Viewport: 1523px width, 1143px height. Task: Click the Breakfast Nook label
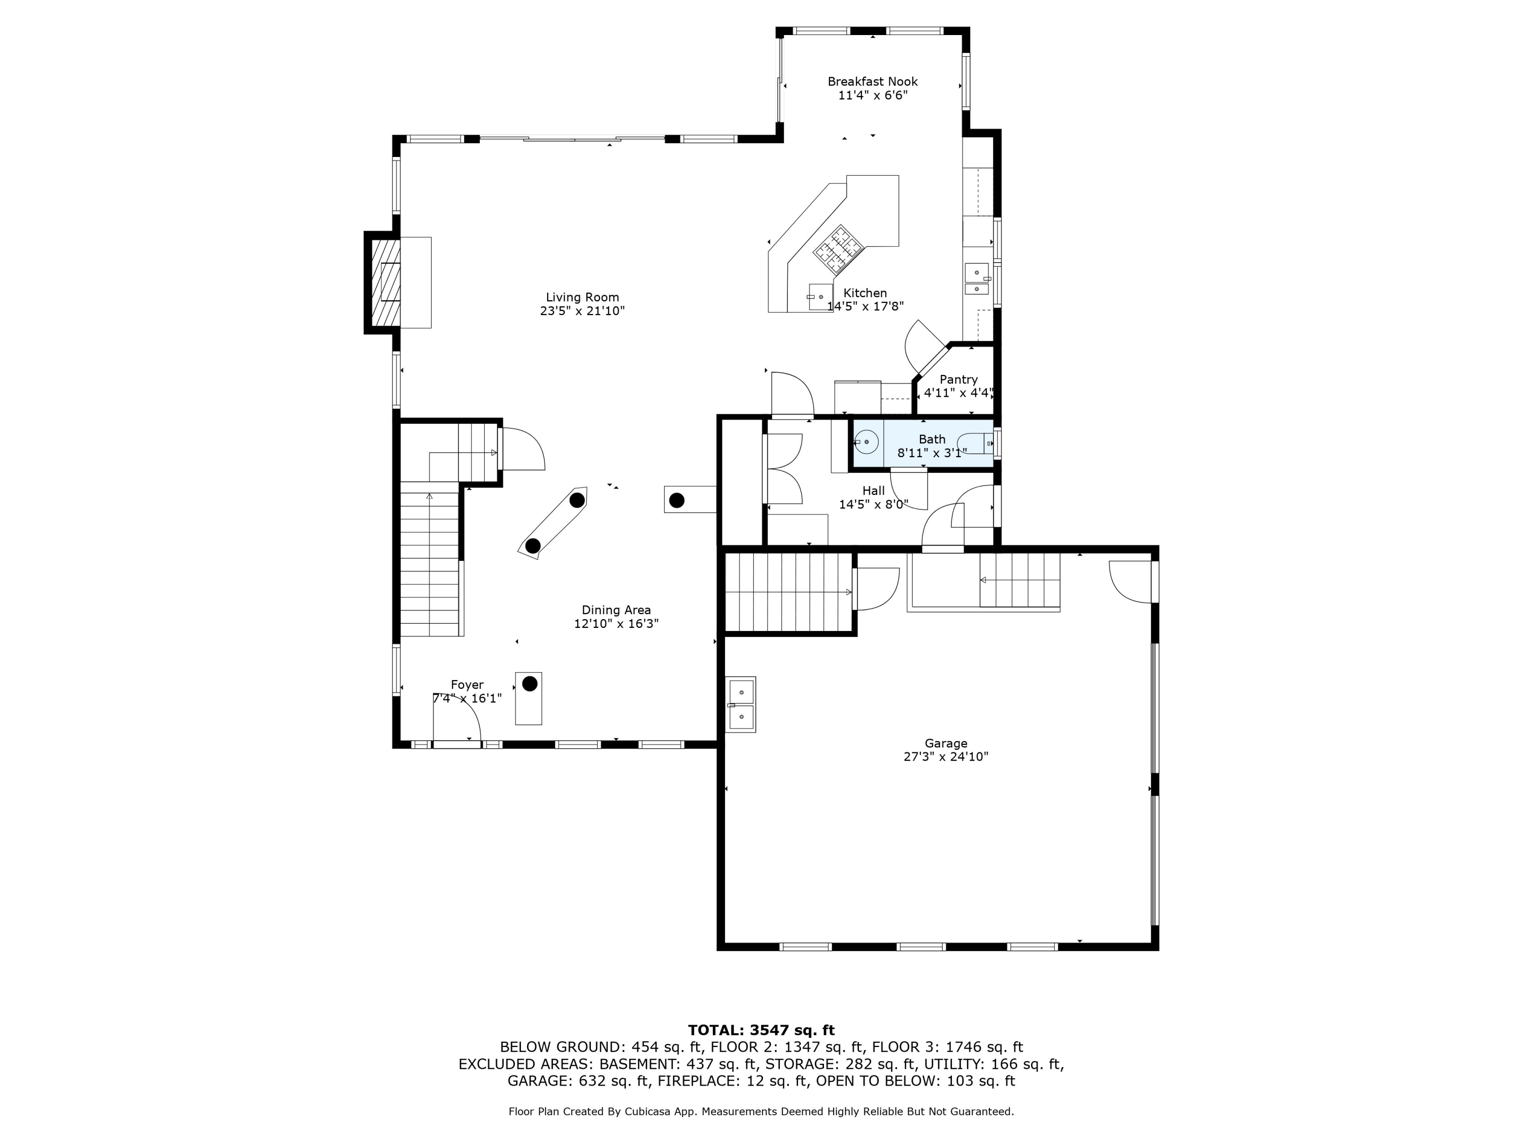pyautogui.click(x=872, y=81)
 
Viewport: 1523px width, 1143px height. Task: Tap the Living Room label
pyautogui.click(x=582, y=298)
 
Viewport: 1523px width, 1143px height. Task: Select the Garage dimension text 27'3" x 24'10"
pyautogui.click(x=946, y=756)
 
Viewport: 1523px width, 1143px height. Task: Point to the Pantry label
pyautogui.click(x=958, y=379)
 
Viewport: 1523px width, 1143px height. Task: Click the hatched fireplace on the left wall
pyautogui.click(x=385, y=282)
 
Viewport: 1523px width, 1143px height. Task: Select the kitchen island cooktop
pyautogui.click(x=838, y=249)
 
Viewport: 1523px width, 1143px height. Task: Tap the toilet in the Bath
pyautogui.click(x=975, y=443)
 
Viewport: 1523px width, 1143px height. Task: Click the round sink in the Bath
pyautogui.click(x=866, y=441)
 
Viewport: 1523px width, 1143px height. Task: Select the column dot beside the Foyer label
pyautogui.click(x=529, y=683)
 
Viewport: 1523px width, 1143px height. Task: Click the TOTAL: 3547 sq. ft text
pyautogui.click(x=761, y=1030)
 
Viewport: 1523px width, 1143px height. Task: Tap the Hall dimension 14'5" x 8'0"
pyautogui.click(x=874, y=504)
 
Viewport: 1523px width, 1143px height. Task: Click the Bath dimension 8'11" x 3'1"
pyautogui.click(x=932, y=453)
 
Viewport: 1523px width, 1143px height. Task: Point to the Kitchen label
pyautogui.click(x=866, y=293)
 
